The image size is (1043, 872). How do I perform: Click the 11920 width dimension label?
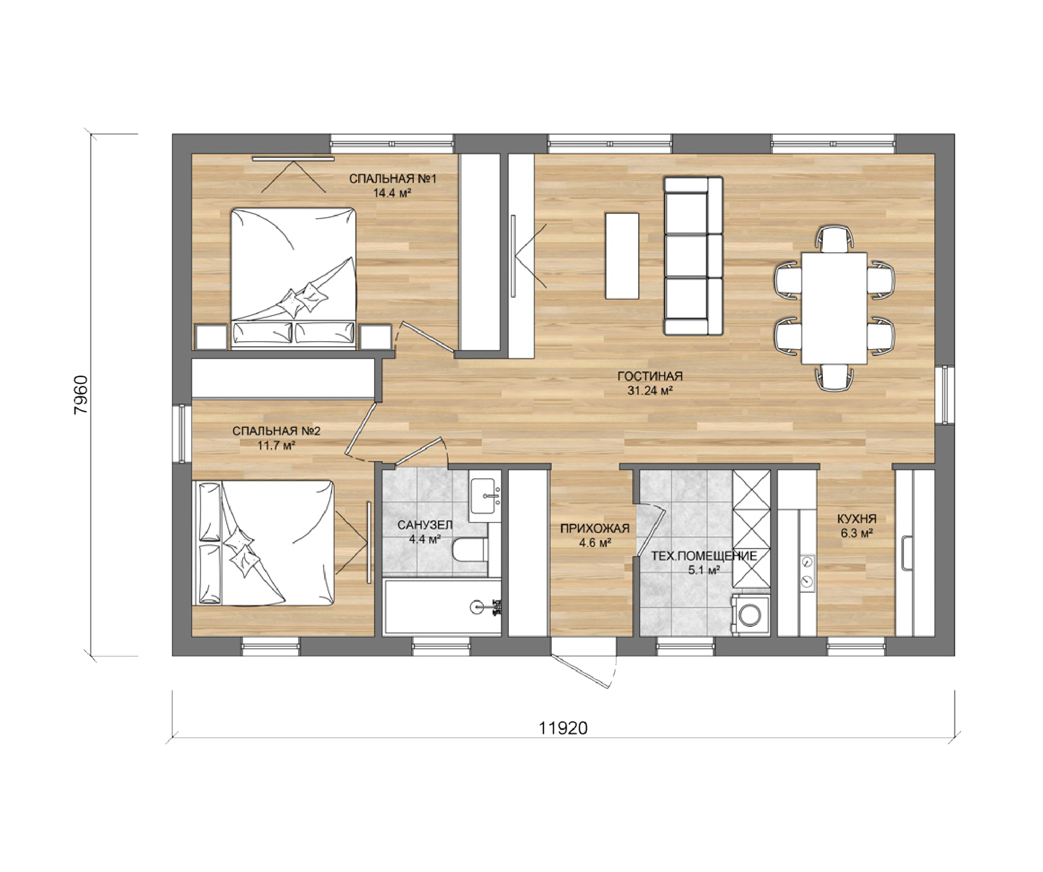[x=563, y=728]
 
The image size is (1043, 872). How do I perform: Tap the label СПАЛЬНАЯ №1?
[x=392, y=179]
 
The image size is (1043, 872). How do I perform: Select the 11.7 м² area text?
[x=276, y=446]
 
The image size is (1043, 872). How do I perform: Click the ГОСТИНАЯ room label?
[x=650, y=376]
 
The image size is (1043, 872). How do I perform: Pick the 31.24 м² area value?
[x=650, y=391]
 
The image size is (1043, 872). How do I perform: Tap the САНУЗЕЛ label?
[x=425, y=525]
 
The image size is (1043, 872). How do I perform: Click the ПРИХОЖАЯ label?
[x=595, y=529]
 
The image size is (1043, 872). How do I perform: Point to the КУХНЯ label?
[x=857, y=519]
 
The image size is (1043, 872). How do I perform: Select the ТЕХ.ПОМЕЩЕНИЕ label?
[x=704, y=556]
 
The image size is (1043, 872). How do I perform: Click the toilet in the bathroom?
[x=469, y=550]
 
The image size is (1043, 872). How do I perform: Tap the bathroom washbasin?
[x=484, y=496]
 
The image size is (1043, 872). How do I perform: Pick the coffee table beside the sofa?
[x=622, y=256]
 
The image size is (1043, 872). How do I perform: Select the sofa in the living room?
[x=693, y=256]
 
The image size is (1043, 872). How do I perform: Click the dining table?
[x=834, y=308]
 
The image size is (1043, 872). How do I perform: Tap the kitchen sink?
[x=907, y=553]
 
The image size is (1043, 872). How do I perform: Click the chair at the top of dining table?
[x=834, y=239]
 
